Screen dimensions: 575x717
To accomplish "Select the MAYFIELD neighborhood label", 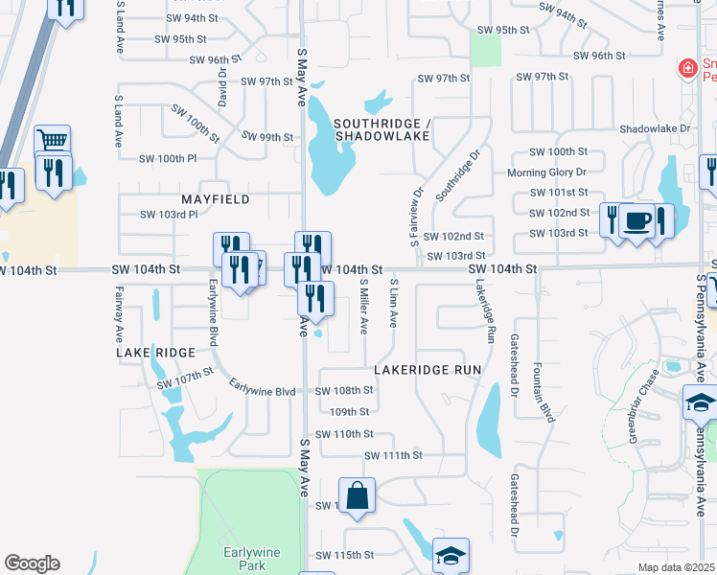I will point(215,199).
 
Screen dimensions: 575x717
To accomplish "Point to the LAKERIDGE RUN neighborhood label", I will point(426,369).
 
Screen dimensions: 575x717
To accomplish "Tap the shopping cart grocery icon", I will point(54,141).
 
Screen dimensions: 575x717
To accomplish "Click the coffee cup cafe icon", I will point(636,221).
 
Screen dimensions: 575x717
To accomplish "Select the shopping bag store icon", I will point(357,495).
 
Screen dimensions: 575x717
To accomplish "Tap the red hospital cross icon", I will point(686,69).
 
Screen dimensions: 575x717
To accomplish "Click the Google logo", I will point(32,563).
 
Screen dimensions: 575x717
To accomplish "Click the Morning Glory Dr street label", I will point(546,172).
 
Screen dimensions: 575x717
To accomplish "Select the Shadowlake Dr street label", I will point(655,128).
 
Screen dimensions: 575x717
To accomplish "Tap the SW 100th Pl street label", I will point(168,158).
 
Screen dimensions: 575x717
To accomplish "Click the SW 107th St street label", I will point(185,378).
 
